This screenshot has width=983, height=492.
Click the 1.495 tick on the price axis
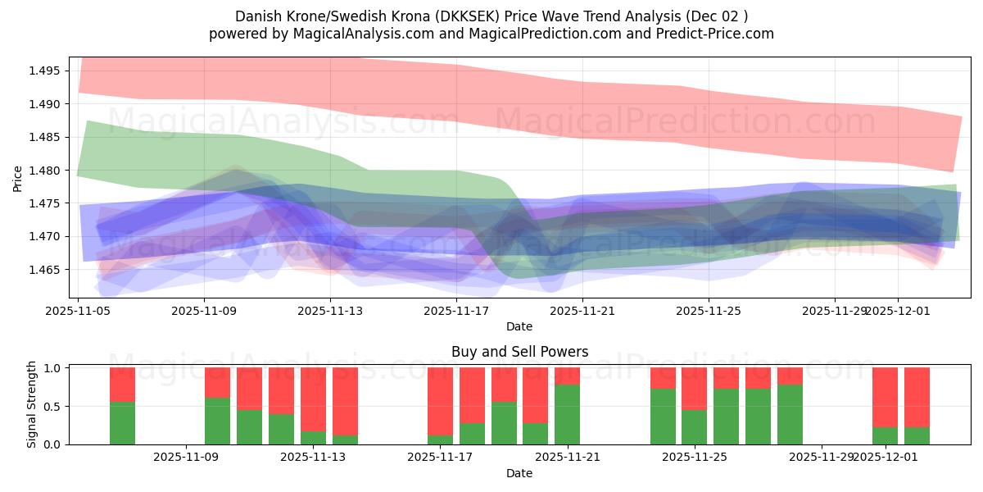click(x=44, y=71)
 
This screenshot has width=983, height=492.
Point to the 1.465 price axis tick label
click(x=44, y=270)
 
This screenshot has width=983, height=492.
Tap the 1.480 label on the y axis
click(x=44, y=171)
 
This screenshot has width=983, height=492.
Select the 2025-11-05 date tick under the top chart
click(x=78, y=311)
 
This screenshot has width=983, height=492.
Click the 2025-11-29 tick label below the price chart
click(x=834, y=311)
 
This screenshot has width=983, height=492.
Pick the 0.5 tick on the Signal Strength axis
click(x=51, y=407)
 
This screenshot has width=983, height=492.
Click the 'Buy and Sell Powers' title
click(x=519, y=352)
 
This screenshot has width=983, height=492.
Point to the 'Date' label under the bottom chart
click(x=519, y=473)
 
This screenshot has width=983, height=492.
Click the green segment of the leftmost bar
click(x=122, y=423)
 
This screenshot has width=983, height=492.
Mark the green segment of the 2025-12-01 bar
click(x=885, y=436)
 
